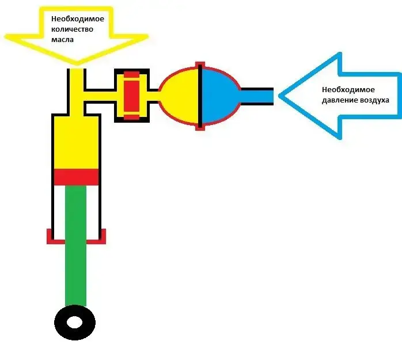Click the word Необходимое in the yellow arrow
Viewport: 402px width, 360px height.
[x=78, y=18]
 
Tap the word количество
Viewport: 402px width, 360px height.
[x=72, y=29]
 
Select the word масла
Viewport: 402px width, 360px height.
[x=62, y=40]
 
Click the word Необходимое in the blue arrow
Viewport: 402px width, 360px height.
[x=348, y=90]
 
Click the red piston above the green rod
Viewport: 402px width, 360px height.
[x=77, y=177]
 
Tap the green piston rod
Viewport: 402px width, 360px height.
[x=75, y=245]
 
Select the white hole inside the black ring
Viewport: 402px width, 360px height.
[x=75, y=323]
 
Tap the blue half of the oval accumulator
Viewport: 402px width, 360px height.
[x=219, y=96]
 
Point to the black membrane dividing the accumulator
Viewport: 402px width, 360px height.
[x=200, y=96]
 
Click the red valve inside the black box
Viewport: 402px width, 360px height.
[x=132, y=96]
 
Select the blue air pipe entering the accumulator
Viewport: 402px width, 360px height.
[x=257, y=96]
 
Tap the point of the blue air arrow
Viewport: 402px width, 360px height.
[x=279, y=96]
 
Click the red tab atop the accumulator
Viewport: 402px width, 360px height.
[x=200, y=64]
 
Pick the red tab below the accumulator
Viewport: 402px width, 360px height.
[x=200, y=128]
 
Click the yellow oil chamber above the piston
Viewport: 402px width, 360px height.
[x=77, y=142]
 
